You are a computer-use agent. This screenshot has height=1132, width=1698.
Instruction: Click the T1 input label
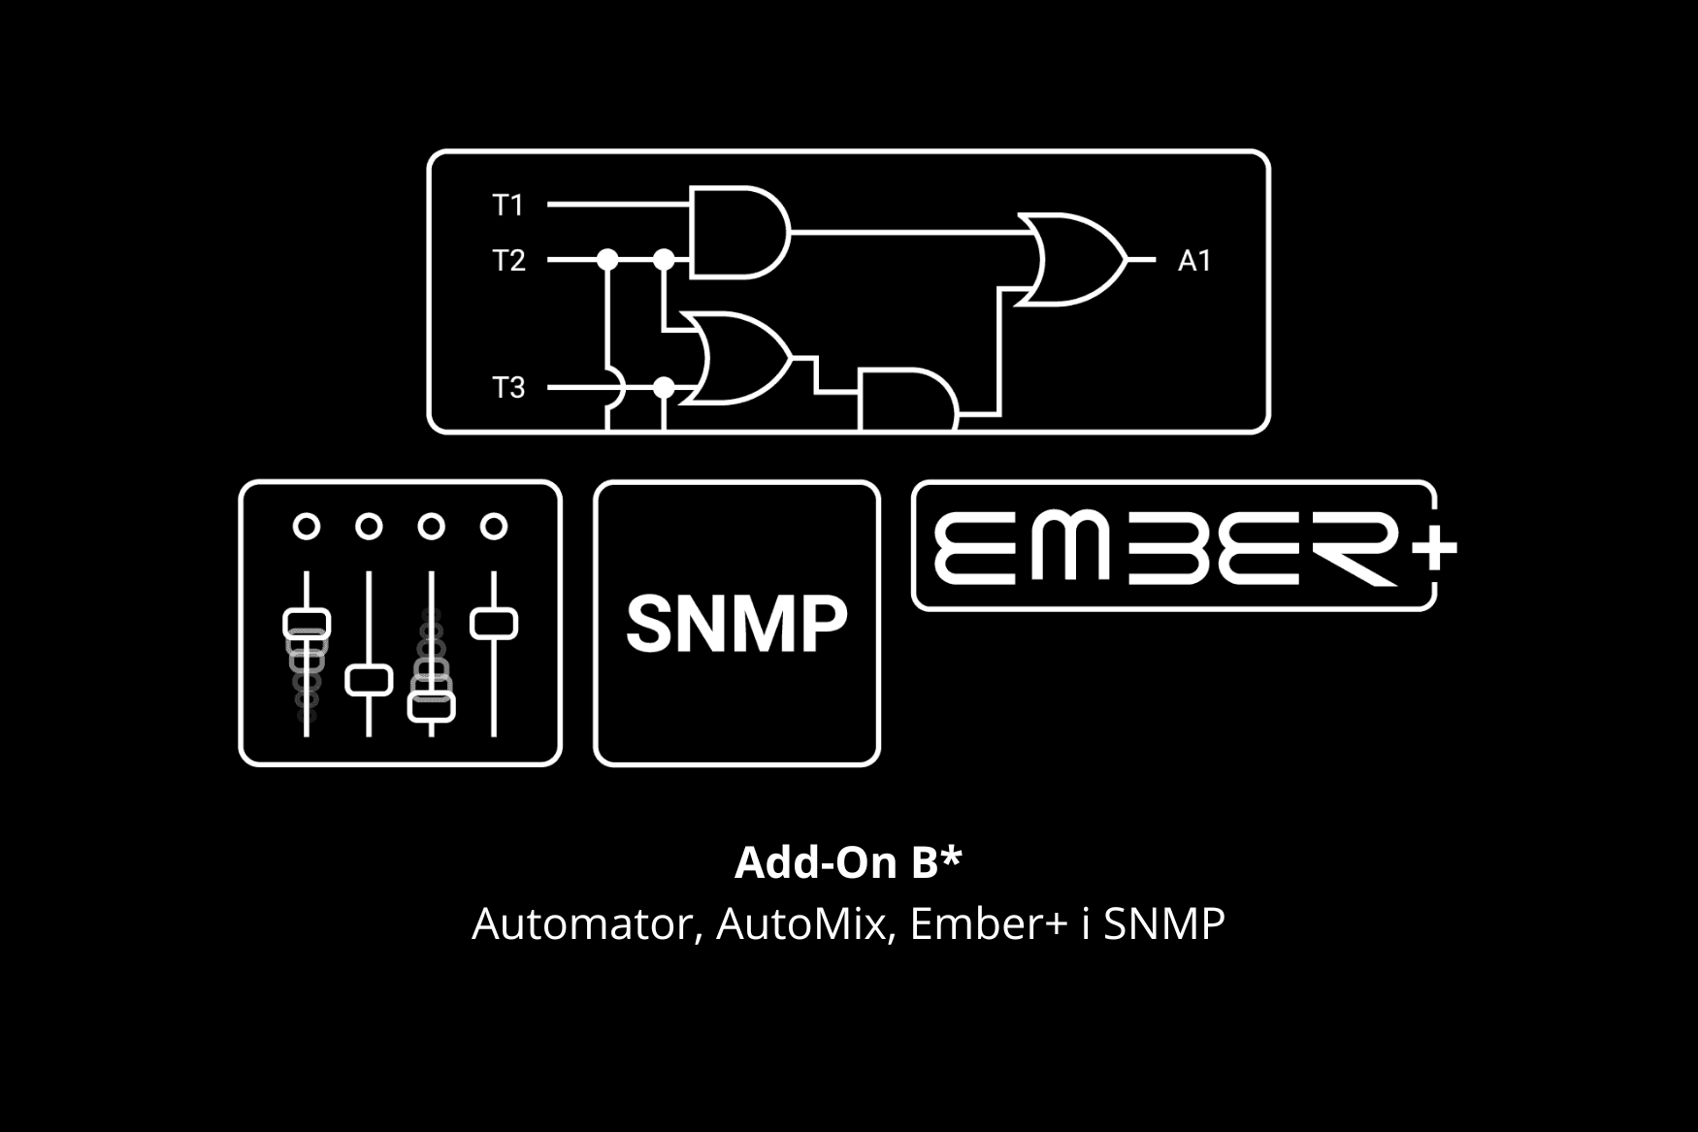(x=507, y=205)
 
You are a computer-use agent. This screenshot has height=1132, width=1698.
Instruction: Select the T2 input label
(x=508, y=260)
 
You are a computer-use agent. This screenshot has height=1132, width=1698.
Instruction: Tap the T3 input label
(x=508, y=388)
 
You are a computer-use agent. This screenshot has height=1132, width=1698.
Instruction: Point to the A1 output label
(x=1194, y=260)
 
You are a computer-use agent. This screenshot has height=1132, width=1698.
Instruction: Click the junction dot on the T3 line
(x=664, y=388)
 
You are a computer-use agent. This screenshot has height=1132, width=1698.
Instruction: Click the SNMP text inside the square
(x=736, y=624)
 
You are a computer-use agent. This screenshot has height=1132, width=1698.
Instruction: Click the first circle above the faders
(x=307, y=527)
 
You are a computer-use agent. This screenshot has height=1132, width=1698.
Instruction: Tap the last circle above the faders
(x=494, y=527)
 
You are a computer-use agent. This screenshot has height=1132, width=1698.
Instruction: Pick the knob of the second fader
(x=369, y=681)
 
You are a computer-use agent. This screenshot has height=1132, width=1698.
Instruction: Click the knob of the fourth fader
(x=494, y=624)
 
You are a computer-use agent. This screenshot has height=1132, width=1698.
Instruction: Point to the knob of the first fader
(x=307, y=624)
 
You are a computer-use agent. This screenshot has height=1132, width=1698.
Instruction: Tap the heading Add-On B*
(x=848, y=862)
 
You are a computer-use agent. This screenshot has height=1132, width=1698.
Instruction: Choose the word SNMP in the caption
(x=1164, y=923)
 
